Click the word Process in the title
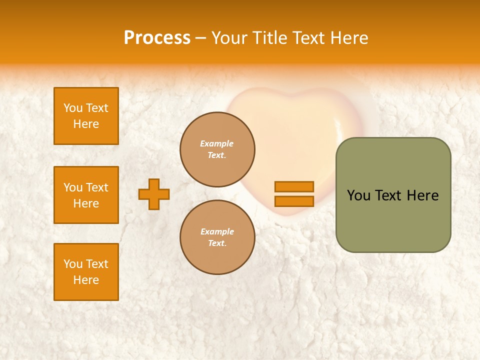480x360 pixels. click(x=157, y=38)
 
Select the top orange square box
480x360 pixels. click(x=86, y=116)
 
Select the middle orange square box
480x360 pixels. click(x=86, y=195)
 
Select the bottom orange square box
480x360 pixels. click(x=86, y=272)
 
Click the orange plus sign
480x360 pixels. click(x=154, y=194)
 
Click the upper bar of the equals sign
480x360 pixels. click(x=294, y=186)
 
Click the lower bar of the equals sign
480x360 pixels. click(x=294, y=201)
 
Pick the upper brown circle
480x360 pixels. click(x=217, y=149)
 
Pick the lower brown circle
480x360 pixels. click(x=217, y=237)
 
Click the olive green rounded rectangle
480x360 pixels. click(x=393, y=220)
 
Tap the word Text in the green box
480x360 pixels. click(x=388, y=195)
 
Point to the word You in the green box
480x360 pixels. click(x=358, y=195)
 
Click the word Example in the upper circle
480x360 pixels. click(x=216, y=143)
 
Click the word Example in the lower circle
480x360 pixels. click(x=217, y=231)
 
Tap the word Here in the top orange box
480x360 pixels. click(x=86, y=124)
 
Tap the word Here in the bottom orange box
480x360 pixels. click(x=86, y=280)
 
